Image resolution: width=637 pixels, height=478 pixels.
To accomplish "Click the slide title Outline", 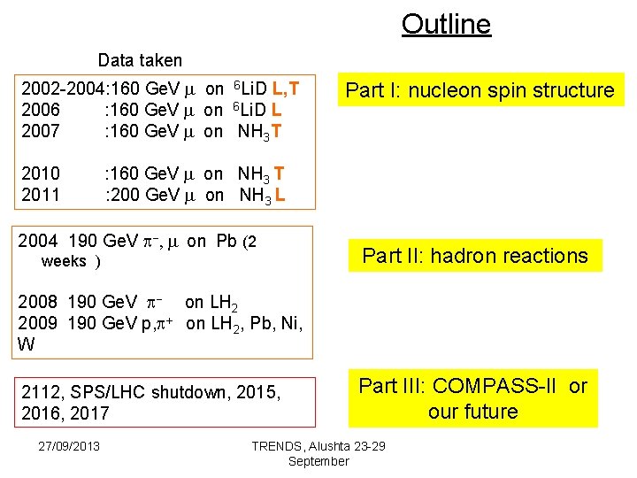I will [446, 24].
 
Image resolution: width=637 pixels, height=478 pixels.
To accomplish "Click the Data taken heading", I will [140, 61].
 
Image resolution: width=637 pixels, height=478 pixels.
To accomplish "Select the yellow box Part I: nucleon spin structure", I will [480, 90].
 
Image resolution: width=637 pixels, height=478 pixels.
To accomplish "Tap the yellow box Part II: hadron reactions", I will [475, 256].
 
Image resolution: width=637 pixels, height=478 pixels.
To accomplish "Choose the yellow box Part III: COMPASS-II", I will [472, 399].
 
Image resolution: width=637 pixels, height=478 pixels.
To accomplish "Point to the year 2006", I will [40, 111].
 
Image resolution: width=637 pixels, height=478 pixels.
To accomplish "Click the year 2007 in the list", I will [40, 132].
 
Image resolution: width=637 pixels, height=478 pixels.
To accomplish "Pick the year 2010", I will [40, 173].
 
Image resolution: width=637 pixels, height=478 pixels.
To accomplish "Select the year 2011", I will [40, 195].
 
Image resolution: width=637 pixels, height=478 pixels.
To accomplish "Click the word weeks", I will [64, 261].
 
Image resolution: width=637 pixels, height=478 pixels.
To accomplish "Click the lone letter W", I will [27, 344].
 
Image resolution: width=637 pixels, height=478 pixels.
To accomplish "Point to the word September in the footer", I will [318, 461].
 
